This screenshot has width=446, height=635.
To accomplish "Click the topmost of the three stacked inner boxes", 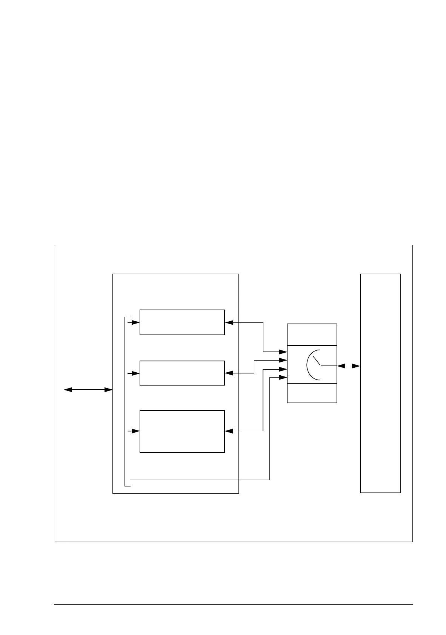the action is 182,322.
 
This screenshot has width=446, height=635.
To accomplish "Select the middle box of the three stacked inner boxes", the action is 182,373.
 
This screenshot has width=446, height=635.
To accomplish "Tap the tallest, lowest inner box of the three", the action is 182,431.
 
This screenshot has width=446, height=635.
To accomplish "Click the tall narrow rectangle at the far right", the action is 380,383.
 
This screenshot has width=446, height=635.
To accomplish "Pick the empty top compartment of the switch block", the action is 312,335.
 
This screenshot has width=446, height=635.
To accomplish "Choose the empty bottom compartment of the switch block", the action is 312,393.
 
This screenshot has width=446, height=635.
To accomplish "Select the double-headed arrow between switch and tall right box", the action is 348,366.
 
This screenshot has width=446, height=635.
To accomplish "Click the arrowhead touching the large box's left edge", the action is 109,390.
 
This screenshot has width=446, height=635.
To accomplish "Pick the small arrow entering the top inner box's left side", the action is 135,322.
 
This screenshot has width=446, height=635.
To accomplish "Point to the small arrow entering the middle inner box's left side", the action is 135,373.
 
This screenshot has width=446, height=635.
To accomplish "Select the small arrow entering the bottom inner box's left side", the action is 135,431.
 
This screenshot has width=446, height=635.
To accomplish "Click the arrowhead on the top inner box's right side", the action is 229,322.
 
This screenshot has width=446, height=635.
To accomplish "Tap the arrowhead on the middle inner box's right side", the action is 229,373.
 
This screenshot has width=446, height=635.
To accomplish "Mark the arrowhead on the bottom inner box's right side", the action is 229,431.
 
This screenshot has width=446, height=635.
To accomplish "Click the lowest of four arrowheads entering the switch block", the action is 283,377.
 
